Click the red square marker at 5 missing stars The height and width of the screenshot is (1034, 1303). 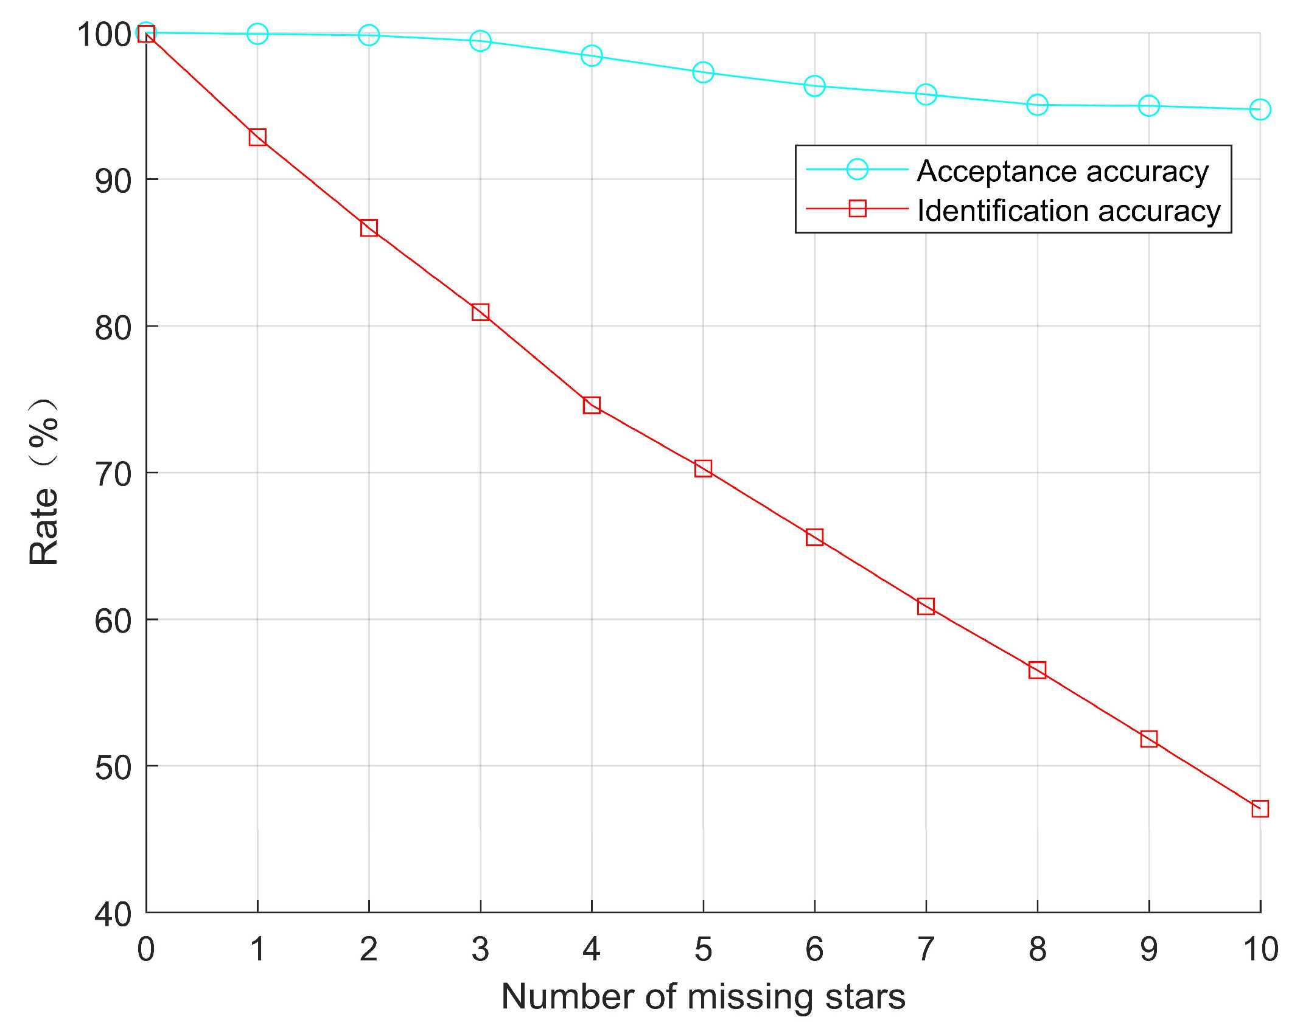pos(703,468)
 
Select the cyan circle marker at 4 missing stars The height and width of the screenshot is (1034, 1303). pos(592,56)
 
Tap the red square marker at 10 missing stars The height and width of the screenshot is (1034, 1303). pos(1260,808)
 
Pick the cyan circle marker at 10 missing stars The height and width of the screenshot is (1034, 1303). pos(1260,109)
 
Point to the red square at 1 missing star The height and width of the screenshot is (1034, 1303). pos(257,137)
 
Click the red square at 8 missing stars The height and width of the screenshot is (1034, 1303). pos(1037,670)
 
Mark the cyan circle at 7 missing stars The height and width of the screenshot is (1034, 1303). pos(926,94)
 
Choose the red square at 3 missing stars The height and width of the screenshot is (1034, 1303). pos(480,312)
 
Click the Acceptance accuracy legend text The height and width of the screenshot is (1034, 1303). pos(1063,171)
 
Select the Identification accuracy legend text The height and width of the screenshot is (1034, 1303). pos(1069,210)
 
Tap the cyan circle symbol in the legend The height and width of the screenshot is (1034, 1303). pos(857,169)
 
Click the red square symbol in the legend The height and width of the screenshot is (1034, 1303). pos(857,209)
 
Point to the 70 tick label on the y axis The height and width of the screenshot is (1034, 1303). pos(113,474)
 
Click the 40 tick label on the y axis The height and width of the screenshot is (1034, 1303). pos(113,914)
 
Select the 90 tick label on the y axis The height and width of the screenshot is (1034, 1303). pos(113,181)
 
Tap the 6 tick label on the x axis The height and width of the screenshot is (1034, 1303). pos(814,949)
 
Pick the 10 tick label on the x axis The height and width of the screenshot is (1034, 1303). pos(1260,949)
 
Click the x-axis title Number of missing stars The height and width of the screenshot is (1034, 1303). pos(703,997)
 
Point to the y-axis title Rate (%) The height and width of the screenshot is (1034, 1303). pos(44,482)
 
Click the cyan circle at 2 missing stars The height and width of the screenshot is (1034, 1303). pos(369,35)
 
